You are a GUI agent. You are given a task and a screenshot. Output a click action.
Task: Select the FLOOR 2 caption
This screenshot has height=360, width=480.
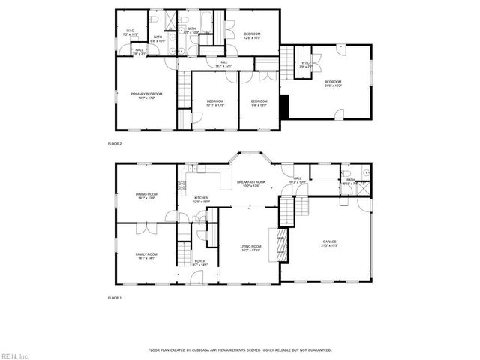coord(115,142)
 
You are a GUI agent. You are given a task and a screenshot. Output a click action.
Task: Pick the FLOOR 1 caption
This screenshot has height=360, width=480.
coord(115,298)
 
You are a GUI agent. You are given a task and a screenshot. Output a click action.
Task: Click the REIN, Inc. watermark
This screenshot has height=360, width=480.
coord(15,355)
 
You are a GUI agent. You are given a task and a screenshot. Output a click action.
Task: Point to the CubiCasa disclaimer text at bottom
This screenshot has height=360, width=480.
coord(239,349)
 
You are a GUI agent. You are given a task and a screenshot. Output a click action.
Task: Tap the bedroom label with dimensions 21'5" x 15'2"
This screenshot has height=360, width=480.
coord(333,83)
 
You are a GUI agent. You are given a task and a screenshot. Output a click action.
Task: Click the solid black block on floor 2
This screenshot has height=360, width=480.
coord(283,106)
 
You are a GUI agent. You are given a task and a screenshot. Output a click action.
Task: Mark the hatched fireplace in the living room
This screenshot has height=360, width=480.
coord(282,244)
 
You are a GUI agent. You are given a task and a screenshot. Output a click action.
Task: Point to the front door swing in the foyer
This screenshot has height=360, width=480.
coord(196,278)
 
